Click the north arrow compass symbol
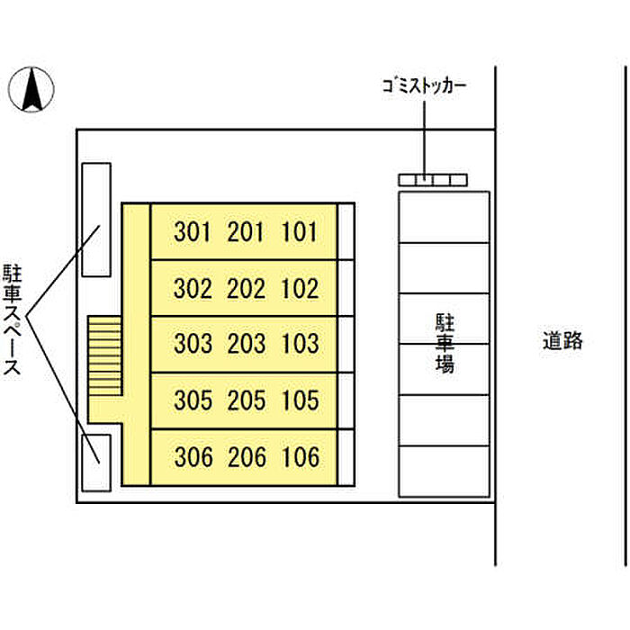(31, 90)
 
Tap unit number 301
(193, 232)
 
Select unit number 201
(247, 232)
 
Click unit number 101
(301, 232)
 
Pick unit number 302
(193, 289)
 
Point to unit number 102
(301, 289)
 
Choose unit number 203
(247, 344)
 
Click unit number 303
(193, 344)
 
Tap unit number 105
(301, 400)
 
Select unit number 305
(193, 400)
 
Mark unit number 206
(247, 457)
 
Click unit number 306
(193, 457)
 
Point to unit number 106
(301, 457)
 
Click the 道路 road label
(562, 341)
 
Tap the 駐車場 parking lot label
(444, 343)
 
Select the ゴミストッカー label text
(423, 87)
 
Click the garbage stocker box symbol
(434, 179)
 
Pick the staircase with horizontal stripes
(103, 355)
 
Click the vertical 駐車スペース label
(13, 319)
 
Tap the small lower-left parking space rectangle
(95, 463)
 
